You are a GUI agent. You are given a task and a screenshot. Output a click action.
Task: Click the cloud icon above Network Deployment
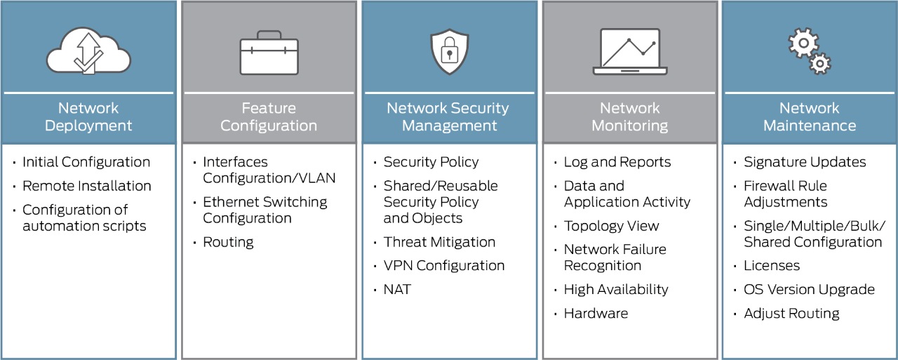(x=88, y=51)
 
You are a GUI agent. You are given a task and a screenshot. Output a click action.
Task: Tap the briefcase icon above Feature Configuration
(x=269, y=53)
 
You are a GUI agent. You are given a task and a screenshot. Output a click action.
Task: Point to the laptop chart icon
(x=629, y=51)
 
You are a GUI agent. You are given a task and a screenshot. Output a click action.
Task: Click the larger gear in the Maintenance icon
(x=803, y=44)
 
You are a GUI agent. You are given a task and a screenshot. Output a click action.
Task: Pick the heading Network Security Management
(x=448, y=116)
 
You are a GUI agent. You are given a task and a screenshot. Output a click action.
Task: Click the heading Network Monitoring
(x=629, y=116)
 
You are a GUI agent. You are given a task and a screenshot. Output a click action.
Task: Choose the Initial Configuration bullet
(x=86, y=162)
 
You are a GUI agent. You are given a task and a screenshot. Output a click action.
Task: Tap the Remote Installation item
(x=86, y=186)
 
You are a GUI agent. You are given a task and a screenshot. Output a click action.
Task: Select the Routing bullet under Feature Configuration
(x=228, y=242)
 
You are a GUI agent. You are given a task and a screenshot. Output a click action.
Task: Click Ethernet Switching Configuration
(x=264, y=210)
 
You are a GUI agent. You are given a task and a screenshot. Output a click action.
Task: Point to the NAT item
(x=397, y=289)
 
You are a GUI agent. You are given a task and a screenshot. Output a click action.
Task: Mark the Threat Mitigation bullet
(x=439, y=242)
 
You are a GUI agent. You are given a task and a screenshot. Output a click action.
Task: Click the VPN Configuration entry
(x=443, y=266)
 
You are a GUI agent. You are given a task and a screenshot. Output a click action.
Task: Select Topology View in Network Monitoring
(x=611, y=226)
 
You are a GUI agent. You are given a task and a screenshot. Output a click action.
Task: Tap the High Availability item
(x=615, y=289)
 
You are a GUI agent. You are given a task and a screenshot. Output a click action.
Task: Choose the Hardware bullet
(x=596, y=313)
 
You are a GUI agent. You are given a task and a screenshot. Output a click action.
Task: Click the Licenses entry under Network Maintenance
(x=772, y=266)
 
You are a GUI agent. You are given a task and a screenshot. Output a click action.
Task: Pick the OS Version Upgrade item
(x=809, y=289)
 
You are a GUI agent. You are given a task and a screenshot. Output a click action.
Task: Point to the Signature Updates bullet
(x=805, y=162)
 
